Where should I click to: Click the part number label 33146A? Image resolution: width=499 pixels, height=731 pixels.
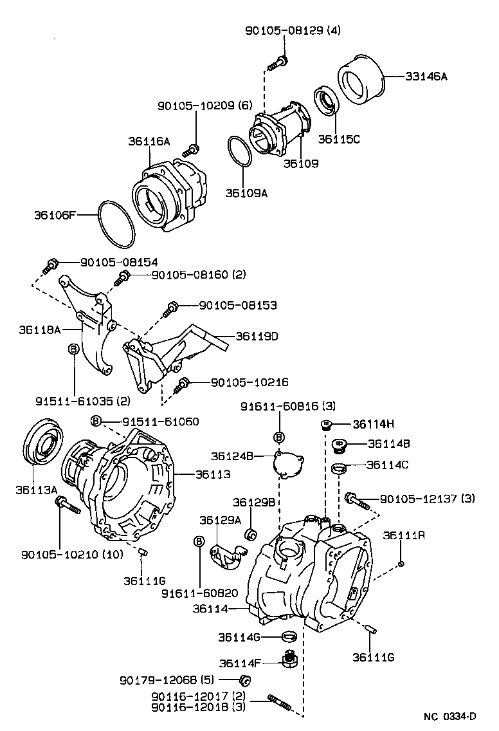[x=426, y=76]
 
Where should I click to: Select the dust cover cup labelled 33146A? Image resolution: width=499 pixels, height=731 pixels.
[x=360, y=80]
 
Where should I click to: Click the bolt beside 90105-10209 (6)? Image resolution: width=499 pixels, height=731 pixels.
[x=190, y=151]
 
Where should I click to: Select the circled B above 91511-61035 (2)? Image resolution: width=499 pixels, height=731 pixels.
[x=73, y=349]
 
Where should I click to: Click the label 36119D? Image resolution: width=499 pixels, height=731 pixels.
[x=257, y=336]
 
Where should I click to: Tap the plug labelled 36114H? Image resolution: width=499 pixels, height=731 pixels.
[x=327, y=425]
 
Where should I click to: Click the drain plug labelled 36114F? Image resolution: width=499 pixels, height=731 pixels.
[x=291, y=659]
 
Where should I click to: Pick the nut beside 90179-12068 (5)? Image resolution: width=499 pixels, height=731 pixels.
[x=244, y=680]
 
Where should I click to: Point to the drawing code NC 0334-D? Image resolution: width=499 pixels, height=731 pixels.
[x=449, y=716]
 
